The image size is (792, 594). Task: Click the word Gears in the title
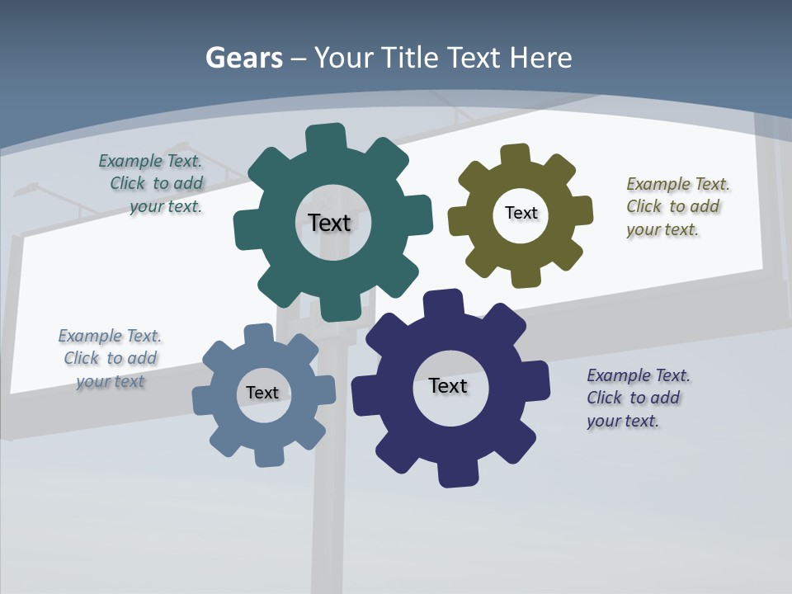tap(243, 58)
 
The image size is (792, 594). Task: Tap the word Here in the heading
tap(540, 58)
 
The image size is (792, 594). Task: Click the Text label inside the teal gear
tap(329, 223)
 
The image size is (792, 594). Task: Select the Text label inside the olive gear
tap(521, 213)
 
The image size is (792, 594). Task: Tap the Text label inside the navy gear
tap(448, 385)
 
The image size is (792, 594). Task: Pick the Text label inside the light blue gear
tap(262, 393)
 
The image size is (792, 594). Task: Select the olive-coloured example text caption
tap(676, 206)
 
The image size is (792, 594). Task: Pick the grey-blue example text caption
tap(110, 358)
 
